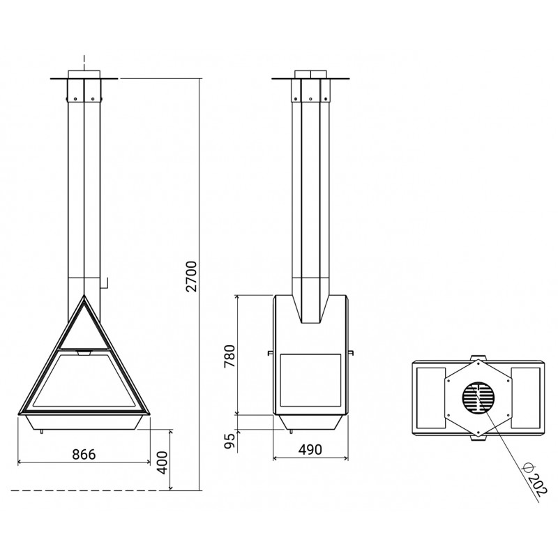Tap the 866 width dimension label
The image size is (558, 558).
click(84, 455)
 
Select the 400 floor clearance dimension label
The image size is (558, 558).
click(163, 462)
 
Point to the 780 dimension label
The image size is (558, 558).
click(229, 356)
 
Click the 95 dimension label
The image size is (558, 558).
click(230, 441)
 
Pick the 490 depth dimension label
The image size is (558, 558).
click(310, 450)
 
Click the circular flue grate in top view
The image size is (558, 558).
click(478, 398)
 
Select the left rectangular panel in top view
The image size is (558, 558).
click(430, 398)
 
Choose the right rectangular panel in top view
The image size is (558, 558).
click(526, 398)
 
